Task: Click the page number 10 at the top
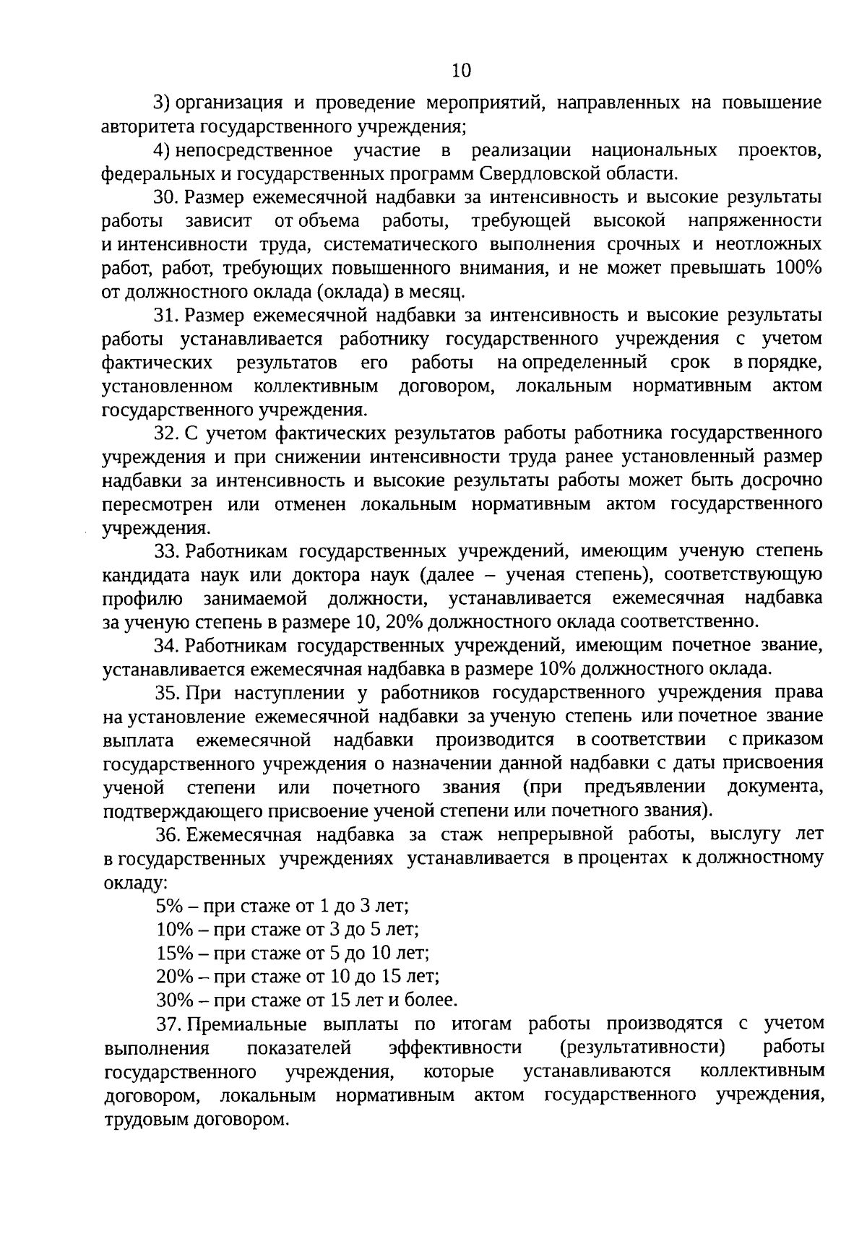click(460, 70)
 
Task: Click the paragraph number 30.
click(166, 197)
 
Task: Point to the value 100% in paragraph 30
click(798, 268)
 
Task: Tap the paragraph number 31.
click(166, 315)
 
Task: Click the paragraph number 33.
click(166, 551)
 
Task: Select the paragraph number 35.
click(166, 693)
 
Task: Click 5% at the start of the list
click(168, 906)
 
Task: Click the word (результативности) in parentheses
click(642, 1047)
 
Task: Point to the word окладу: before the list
click(134, 883)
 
